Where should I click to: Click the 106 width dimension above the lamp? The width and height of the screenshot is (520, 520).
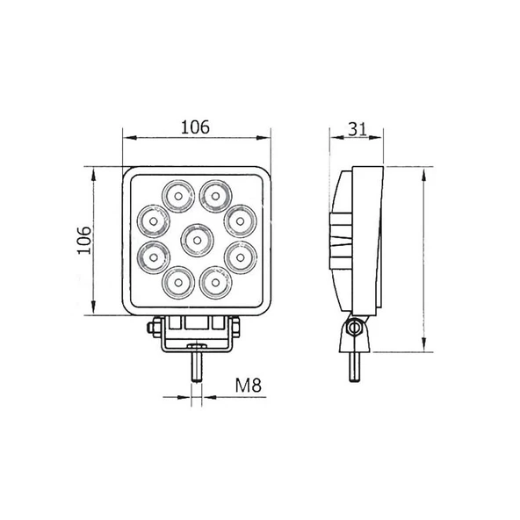195,126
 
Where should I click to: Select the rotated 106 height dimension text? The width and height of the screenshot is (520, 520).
83,240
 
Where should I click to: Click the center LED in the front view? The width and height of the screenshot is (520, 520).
195,239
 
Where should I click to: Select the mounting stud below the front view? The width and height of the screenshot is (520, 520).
195,365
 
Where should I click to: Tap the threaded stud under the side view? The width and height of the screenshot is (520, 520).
356,359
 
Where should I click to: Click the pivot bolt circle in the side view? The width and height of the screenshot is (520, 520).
354,329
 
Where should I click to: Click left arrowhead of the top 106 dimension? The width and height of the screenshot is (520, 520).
126,138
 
